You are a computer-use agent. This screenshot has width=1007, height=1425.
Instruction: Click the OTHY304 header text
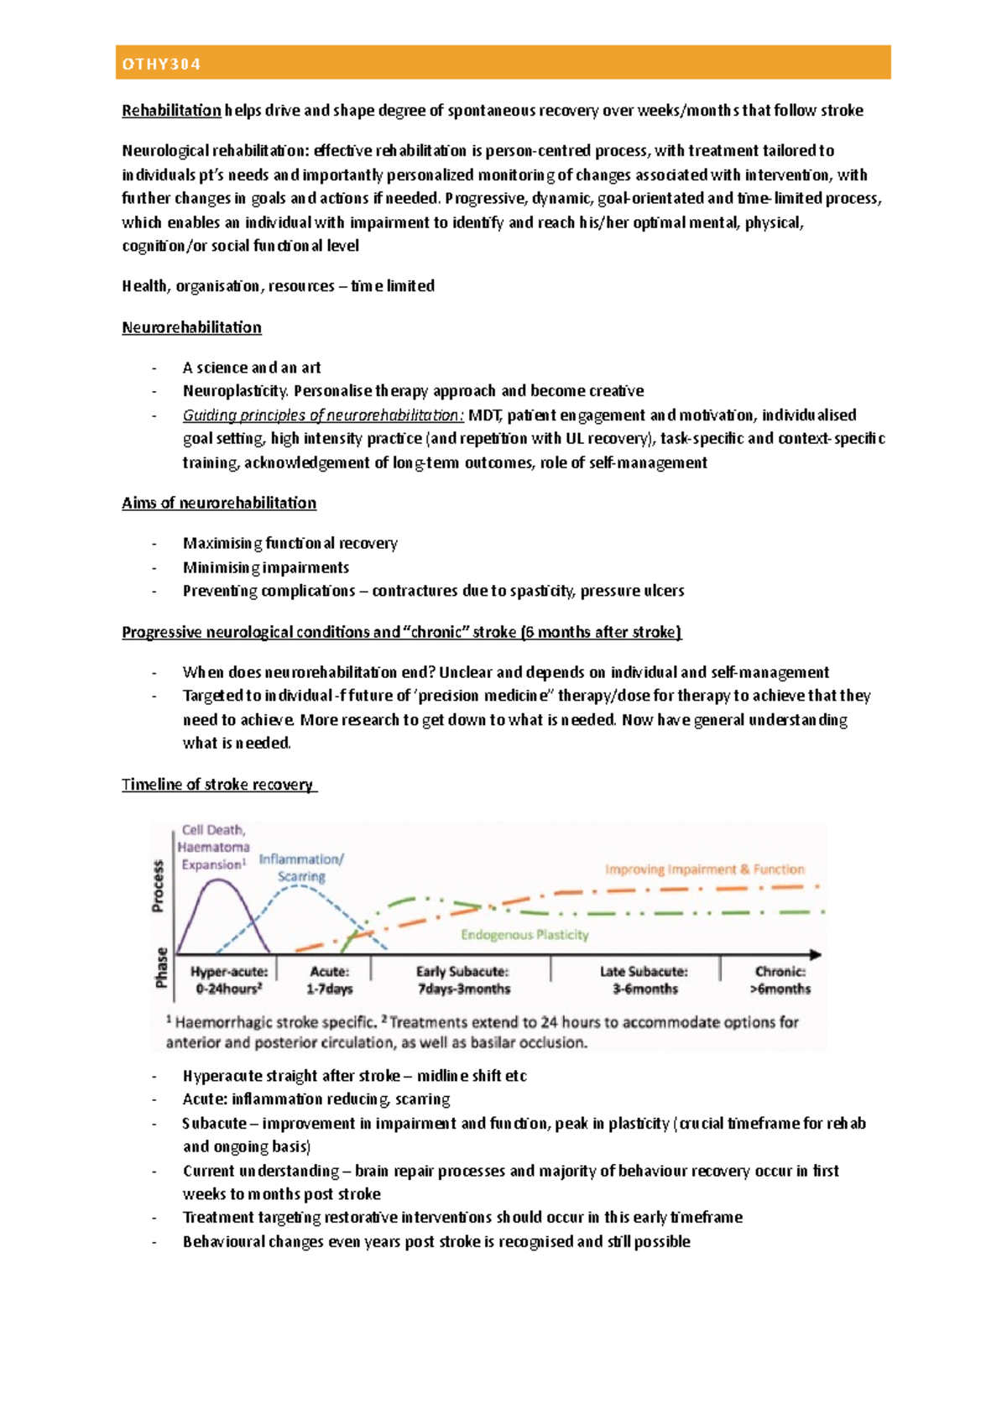pyautogui.click(x=162, y=65)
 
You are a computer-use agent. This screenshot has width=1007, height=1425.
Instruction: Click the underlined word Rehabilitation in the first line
pyautogui.click(x=171, y=111)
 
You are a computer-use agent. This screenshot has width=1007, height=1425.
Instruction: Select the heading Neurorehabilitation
pyautogui.click(x=191, y=327)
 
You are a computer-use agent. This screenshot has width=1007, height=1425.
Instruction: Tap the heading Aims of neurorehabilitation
pyautogui.click(x=219, y=503)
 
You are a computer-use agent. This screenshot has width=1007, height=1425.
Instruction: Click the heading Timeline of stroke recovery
pyautogui.click(x=217, y=785)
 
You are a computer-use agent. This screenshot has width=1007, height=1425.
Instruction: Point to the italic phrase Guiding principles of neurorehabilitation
pyautogui.click(x=322, y=415)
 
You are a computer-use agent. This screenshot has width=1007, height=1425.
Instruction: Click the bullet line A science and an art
pyautogui.click(x=252, y=368)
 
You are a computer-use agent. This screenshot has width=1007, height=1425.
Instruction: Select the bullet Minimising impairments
pyautogui.click(x=266, y=567)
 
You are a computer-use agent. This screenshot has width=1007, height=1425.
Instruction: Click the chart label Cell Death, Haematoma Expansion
pyautogui.click(x=214, y=847)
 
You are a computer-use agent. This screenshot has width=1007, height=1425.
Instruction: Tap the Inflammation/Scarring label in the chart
pyautogui.click(x=301, y=868)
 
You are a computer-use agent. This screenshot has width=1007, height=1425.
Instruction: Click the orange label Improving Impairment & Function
pyautogui.click(x=704, y=869)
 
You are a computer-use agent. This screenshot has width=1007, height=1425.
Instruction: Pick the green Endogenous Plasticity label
pyautogui.click(x=524, y=935)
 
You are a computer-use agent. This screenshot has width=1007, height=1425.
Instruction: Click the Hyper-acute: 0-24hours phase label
pyautogui.click(x=229, y=980)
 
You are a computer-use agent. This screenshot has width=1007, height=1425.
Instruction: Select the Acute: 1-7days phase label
pyautogui.click(x=329, y=980)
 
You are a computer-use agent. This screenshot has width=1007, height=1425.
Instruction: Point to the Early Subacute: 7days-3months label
pyautogui.click(x=463, y=980)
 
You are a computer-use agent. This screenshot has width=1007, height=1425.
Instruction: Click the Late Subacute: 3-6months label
pyautogui.click(x=644, y=980)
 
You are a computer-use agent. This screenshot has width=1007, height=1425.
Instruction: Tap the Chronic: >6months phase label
pyautogui.click(x=780, y=980)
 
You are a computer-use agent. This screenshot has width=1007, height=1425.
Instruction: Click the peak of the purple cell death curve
pyautogui.click(x=218, y=880)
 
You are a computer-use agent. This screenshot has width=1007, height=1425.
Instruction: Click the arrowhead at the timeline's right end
pyautogui.click(x=816, y=954)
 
